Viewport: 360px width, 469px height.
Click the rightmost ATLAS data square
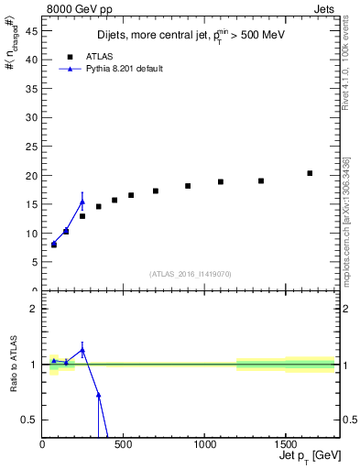[x=310, y=173]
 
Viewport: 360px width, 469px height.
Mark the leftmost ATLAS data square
[x=54, y=245]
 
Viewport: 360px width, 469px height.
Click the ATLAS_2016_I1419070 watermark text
[x=190, y=273]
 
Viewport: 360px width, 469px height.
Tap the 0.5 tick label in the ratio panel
[x=32, y=420]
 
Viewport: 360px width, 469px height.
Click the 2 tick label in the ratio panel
[x=35, y=309]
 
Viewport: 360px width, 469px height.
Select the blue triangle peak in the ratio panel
[x=82, y=350]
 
